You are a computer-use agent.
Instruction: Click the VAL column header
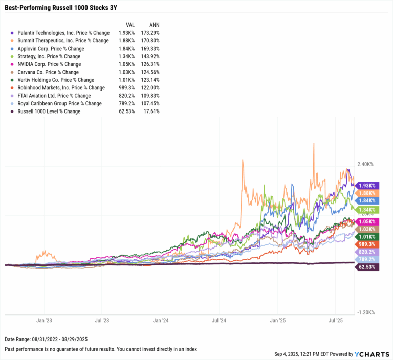coord(131,24)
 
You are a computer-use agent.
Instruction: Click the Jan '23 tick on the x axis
coord(43,321)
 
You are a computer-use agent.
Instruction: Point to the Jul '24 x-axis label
coord(219,321)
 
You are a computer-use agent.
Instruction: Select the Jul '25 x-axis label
coord(336,321)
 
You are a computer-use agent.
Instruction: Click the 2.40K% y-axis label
coord(366,164)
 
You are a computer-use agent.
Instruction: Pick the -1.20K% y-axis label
coord(366,312)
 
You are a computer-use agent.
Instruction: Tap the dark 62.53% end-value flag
coord(367,267)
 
